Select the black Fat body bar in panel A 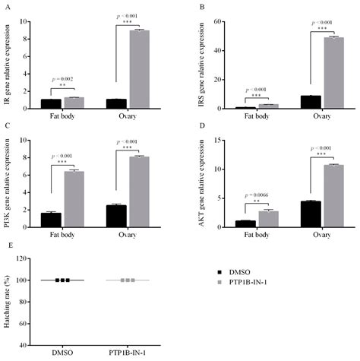click(x=50, y=104)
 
